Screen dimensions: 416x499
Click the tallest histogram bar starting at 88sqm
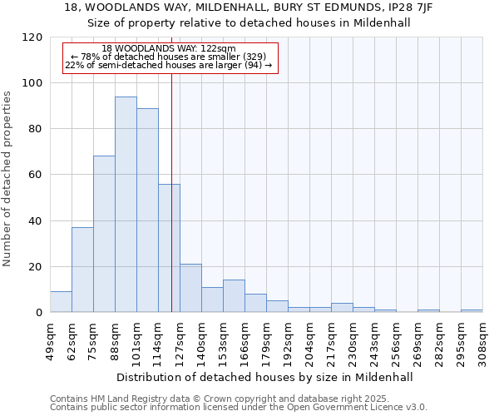point(126,205)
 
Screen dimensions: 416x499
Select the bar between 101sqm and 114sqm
point(147,210)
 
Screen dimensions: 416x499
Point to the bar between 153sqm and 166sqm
point(234,296)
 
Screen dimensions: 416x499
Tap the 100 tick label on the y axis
point(32,83)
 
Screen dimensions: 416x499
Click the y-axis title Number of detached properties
point(8,179)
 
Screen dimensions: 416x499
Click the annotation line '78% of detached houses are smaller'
point(168,57)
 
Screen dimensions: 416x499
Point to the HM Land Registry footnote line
point(201,399)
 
